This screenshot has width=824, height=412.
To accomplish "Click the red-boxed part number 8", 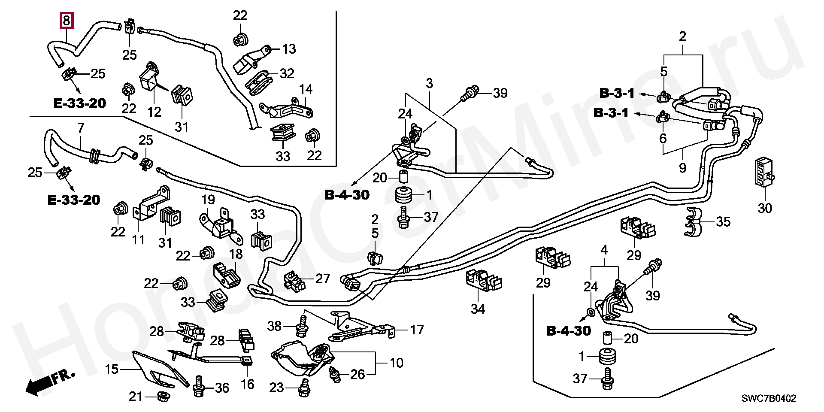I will [66, 20].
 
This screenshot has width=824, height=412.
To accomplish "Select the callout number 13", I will [289, 49].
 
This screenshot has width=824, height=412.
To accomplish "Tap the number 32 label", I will [287, 73].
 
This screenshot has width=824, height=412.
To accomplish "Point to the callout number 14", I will [306, 90].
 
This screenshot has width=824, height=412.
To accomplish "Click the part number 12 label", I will [154, 112].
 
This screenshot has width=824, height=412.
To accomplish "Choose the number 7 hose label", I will [81, 127].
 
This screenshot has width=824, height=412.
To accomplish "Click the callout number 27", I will [322, 279].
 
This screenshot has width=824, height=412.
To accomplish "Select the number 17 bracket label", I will [416, 330].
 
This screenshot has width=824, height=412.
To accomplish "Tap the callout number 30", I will [764, 208].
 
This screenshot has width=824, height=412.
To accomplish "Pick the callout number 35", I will [723, 222].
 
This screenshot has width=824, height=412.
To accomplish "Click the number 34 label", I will [478, 309].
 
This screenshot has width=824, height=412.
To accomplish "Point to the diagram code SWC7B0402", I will [769, 399].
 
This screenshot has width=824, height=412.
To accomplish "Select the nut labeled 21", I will [163, 397].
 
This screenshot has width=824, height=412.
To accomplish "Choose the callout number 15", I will [112, 369].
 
